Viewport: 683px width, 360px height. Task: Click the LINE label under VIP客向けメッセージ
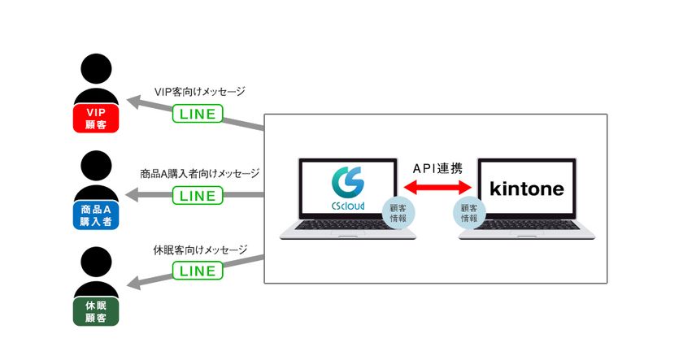197,114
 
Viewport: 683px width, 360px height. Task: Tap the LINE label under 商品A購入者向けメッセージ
197,195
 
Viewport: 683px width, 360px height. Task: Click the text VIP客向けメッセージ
199,92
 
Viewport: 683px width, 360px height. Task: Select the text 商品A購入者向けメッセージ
199,173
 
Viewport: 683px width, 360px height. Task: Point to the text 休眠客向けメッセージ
199,249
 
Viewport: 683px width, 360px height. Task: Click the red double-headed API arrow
438,189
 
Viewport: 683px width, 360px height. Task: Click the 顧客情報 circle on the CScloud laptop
397,213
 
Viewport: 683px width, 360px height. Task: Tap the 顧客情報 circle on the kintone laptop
469,213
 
